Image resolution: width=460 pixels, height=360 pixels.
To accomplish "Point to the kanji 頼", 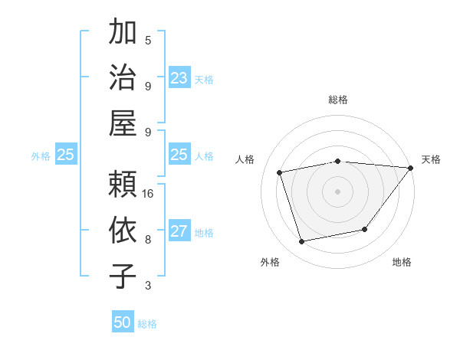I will [123, 185].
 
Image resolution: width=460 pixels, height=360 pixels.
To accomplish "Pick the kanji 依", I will [123, 230].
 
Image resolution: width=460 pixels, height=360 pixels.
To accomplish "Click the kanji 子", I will [123, 275].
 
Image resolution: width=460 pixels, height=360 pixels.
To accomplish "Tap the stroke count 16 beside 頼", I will [148, 194].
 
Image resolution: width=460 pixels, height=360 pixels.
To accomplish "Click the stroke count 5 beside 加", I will [148, 41].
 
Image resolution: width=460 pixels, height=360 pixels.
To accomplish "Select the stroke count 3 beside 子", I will [148, 286].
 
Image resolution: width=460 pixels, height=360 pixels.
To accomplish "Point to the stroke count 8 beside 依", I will [148, 239].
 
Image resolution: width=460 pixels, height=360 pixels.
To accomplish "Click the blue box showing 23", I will [179, 77].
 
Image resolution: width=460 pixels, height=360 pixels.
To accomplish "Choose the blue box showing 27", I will [179, 231].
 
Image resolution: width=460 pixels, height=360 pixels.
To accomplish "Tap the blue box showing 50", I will [123, 322].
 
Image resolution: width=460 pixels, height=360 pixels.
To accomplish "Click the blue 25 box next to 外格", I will [65, 155].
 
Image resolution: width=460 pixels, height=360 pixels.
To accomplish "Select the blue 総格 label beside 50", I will [148, 324].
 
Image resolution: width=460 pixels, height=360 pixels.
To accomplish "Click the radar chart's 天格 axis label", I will [431, 159].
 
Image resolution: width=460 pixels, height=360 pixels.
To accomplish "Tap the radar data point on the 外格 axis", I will [302, 242].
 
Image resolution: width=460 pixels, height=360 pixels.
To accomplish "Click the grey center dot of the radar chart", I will [337, 191].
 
